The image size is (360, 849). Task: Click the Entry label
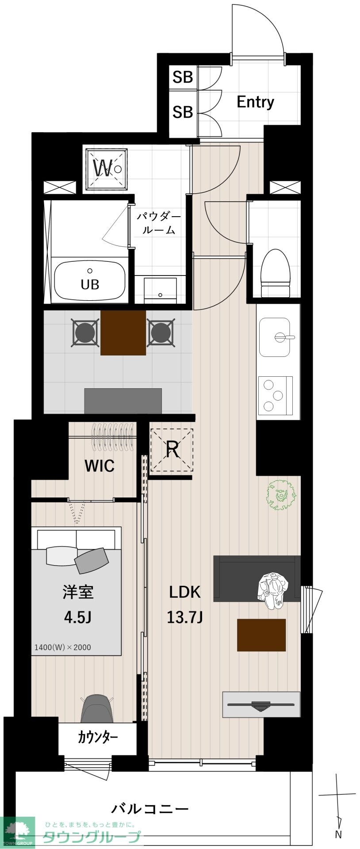pos(255,102)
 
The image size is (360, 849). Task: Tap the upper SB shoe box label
pos(183,77)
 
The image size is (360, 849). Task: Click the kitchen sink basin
pos(275,337)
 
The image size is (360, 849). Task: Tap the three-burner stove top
pos(275,395)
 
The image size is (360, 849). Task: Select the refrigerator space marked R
pos(172,450)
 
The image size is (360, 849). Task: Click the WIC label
pos(100,466)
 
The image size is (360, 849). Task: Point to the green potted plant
pos(281,495)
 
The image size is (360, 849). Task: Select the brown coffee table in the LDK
pos(261,635)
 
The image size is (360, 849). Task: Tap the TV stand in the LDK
pos(261,704)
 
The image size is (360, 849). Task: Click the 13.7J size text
pos(184,617)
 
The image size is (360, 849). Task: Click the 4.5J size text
pos(77,617)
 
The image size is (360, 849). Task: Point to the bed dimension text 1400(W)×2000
pos(63,647)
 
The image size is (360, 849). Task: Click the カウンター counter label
pos(98,737)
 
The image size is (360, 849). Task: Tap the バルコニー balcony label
pos(150,797)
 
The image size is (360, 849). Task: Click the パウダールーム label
pos(159,223)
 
